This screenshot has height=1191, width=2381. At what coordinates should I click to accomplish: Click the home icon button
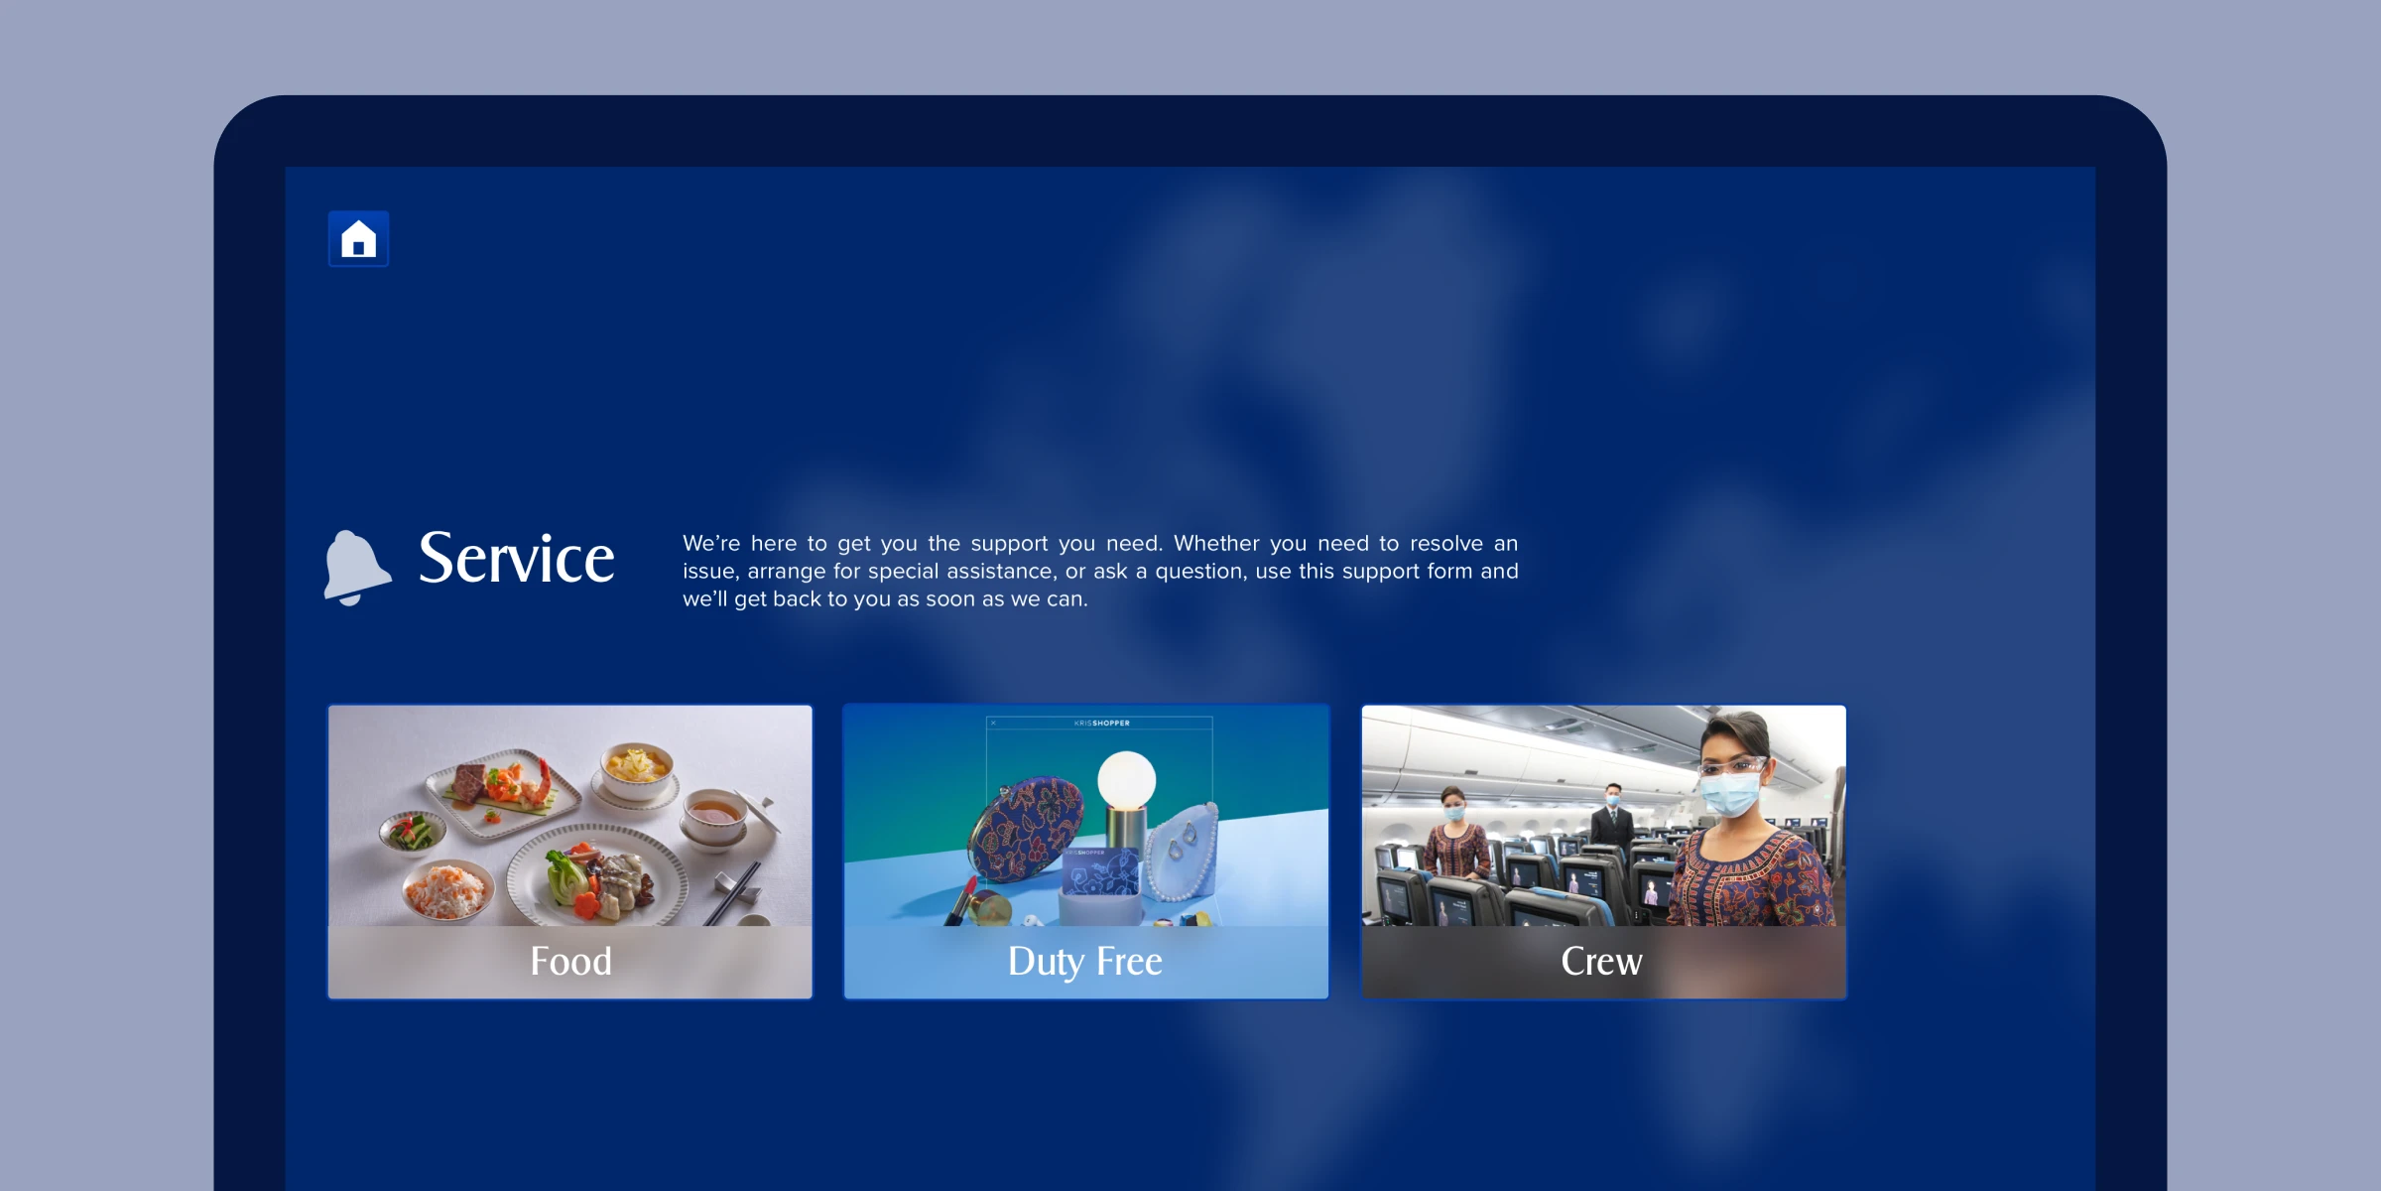pos(358,239)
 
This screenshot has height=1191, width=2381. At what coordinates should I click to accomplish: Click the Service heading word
pos(516,558)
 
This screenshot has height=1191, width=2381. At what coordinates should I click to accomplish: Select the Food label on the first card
pos(570,961)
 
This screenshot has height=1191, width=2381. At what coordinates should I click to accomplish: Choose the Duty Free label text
pos(1085,962)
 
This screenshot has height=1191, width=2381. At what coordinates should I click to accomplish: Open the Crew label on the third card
pos(1601,961)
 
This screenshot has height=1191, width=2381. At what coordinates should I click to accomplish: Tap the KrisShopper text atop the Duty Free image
pos(1101,723)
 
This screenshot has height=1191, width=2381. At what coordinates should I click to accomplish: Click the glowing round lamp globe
pos(1126,780)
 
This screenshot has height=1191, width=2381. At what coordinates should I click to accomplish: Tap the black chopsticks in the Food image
pos(732,894)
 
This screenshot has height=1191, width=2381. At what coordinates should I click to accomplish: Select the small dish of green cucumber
pos(414,832)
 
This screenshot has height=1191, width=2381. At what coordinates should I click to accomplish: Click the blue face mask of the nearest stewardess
pos(1730,794)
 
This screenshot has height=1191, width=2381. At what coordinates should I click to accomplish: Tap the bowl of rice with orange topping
pos(448,888)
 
